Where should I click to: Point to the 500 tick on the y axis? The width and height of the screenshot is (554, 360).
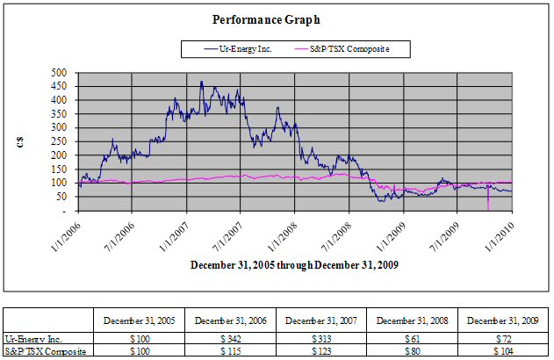pyautogui.click(x=61, y=73)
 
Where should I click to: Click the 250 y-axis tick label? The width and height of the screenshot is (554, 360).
pyautogui.click(x=61, y=141)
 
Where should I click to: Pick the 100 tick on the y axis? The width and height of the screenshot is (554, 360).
pyautogui.click(x=61, y=183)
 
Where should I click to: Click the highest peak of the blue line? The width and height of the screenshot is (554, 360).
pyautogui.click(x=202, y=82)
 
